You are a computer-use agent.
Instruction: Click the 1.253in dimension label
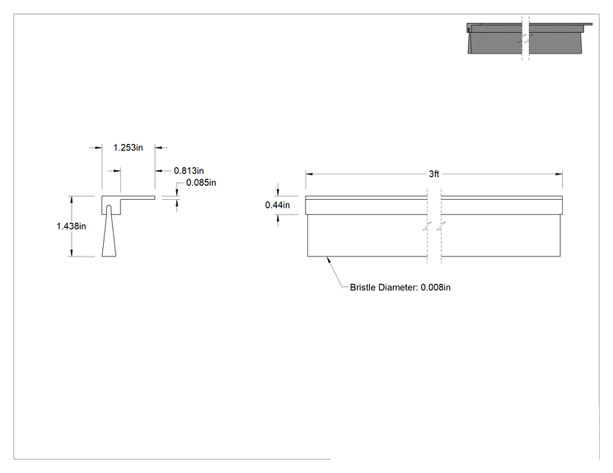129,147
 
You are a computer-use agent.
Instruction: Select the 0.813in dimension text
189,170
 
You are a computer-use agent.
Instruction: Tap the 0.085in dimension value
201,183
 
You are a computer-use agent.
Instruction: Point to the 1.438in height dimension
71,226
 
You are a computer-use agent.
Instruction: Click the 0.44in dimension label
278,205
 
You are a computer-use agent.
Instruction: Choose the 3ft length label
434,174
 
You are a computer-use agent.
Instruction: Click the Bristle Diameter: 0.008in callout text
400,287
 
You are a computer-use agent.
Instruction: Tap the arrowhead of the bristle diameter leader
329,259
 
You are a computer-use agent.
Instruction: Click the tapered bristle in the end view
109,234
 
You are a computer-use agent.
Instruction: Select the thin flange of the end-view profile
138,197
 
